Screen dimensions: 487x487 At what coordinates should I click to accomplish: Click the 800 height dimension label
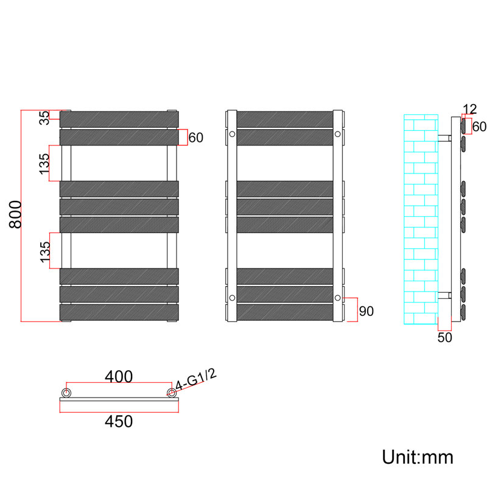[x=15, y=215]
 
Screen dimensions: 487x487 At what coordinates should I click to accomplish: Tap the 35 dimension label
[x=44, y=117]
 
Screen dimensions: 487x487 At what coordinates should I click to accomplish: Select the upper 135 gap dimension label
[x=44, y=164]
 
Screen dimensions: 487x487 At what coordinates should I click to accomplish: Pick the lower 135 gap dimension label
[x=45, y=252]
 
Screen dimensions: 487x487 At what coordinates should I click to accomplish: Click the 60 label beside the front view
[x=195, y=138]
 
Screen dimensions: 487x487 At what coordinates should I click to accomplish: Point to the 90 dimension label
[x=366, y=311]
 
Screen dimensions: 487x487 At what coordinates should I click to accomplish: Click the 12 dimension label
[x=469, y=109]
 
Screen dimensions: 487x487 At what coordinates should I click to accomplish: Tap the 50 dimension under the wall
[x=445, y=338]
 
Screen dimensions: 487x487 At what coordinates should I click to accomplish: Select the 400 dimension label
[x=119, y=376]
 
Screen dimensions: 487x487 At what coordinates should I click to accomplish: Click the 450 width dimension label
[x=119, y=421]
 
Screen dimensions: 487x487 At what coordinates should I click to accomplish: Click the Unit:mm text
[x=418, y=457]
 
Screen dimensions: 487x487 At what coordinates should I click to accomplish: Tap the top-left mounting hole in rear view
[x=232, y=134]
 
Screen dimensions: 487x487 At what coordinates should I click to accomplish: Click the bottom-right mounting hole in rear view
[x=338, y=298]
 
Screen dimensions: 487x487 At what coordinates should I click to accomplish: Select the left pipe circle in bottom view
[x=66, y=393]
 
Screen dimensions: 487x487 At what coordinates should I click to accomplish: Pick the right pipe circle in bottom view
[x=172, y=393]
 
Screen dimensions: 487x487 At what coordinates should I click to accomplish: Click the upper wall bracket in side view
[x=444, y=138]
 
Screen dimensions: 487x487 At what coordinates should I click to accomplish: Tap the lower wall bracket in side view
[x=444, y=295]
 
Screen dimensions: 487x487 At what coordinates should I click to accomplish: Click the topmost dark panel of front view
[x=119, y=119]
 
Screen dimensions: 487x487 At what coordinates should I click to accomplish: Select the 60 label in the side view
[x=479, y=127]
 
